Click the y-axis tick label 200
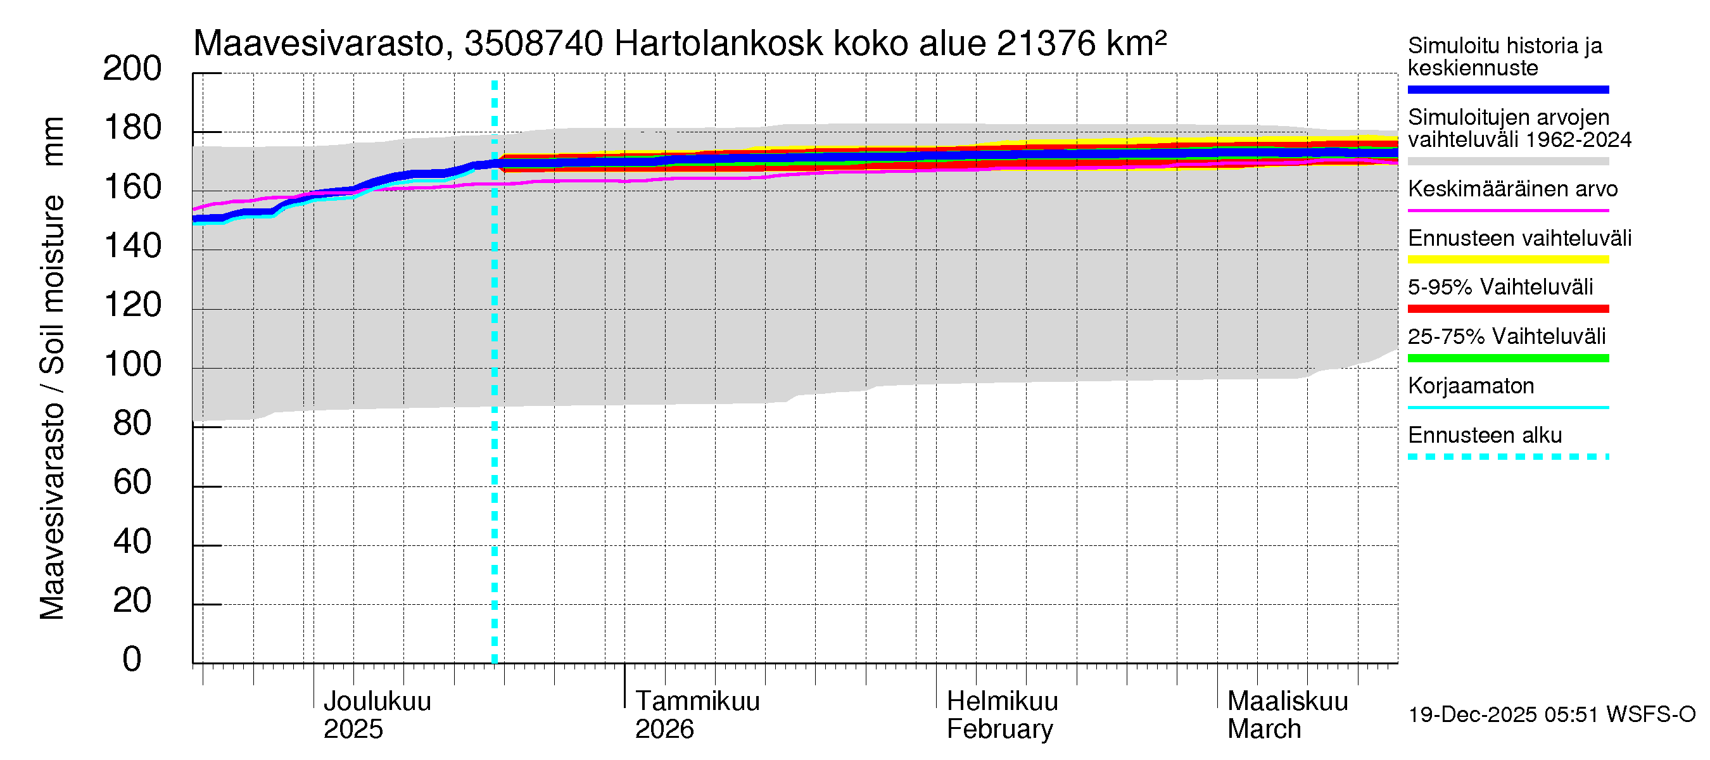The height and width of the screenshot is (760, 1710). click(x=132, y=69)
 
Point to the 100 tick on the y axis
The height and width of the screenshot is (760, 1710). click(x=132, y=364)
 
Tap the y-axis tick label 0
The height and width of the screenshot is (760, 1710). click(x=132, y=660)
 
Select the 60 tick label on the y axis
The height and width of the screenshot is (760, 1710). click(x=132, y=483)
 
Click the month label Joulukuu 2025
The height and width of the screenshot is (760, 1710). click(x=376, y=715)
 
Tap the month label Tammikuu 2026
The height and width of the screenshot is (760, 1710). click(x=697, y=715)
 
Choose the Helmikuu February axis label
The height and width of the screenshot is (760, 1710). click(x=1002, y=715)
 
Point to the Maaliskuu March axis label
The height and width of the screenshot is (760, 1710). click(x=1287, y=715)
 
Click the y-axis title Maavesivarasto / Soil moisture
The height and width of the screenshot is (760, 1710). click(x=53, y=369)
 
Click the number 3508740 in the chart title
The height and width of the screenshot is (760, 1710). click(x=533, y=44)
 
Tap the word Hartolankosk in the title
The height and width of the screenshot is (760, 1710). click(x=718, y=44)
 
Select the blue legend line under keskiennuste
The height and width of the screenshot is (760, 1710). click(x=1507, y=89)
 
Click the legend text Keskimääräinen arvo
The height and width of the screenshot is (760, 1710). click(x=1512, y=189)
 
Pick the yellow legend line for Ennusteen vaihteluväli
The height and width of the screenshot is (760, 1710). click(x=1507, y=260)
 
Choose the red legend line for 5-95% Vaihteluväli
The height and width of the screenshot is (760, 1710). click(x=1507, y=308)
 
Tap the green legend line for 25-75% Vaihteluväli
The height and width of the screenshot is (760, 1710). click(x=1507, y=358)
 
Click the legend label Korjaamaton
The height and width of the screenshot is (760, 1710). click(x=1471, y=386)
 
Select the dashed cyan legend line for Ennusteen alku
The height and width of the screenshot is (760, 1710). click(x=1507, y=457)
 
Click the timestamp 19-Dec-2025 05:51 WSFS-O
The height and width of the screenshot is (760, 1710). click(x=1551, y=715)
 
